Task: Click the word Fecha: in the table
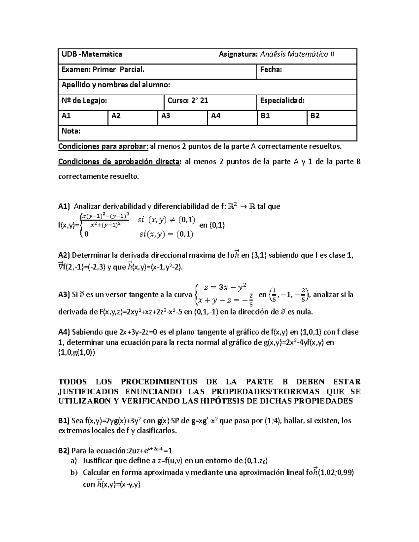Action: coord(271,70)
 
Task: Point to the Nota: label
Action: coord(71,131)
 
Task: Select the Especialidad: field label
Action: coord(282,101)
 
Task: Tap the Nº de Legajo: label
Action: coord(84,101)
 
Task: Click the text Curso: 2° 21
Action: coord(188,101)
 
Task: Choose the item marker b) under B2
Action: coord(73,473)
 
